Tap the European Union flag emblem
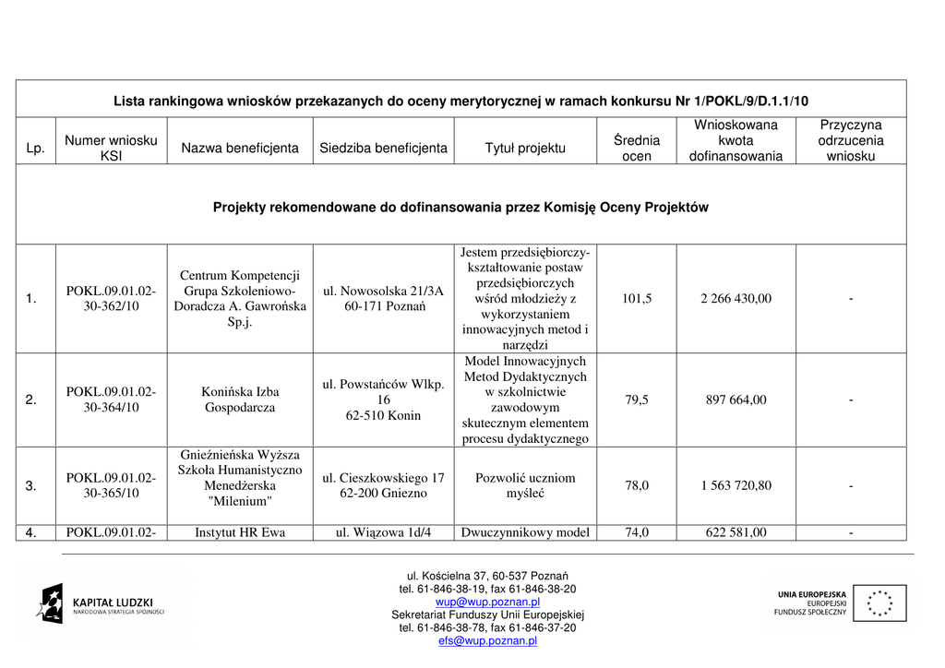[879, 603]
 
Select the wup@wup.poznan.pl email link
[487, 602]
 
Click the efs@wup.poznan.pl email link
[487, 640]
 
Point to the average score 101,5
[637, 299]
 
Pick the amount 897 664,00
[736, 400]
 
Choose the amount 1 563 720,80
[736, 485]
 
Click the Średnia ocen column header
[637, 148]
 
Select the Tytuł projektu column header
[525, 148]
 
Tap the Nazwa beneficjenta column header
[240, 148]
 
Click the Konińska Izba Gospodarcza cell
[240, 400]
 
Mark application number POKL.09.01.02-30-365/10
[111, 485]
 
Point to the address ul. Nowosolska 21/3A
[383, 291]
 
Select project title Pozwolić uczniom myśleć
[525, 485]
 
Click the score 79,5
[637, 400]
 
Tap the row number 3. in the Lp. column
[31, 485]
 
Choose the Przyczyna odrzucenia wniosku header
[851, 140]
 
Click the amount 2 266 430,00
[736, 299]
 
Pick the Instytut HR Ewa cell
[240, 532]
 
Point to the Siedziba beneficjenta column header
[383, 148]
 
